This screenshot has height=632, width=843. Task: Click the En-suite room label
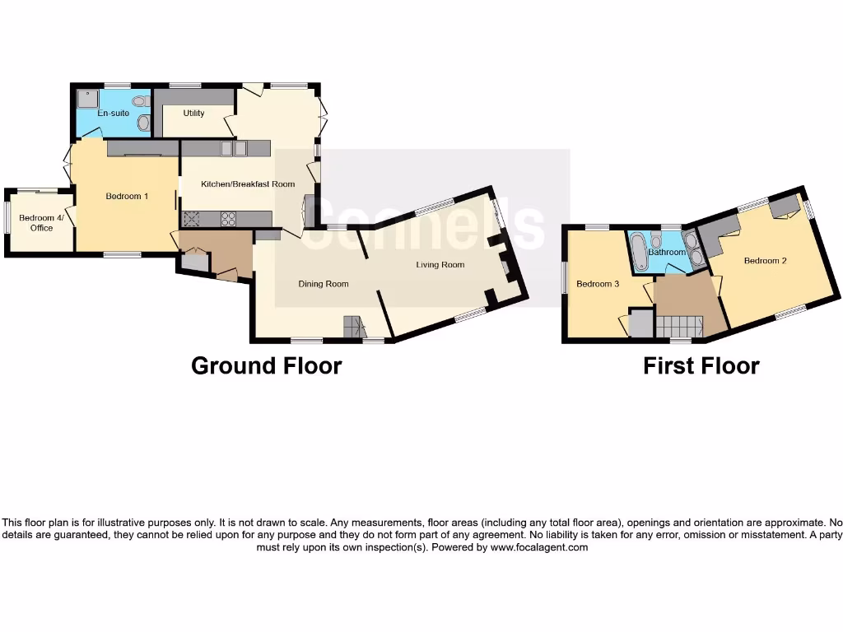114,113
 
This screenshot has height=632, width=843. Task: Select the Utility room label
193,113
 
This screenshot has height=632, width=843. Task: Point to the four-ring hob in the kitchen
228,219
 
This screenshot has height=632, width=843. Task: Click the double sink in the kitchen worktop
234,148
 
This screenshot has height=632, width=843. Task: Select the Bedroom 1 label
127,196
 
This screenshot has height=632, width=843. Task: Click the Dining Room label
323,284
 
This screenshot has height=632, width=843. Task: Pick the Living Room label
440,264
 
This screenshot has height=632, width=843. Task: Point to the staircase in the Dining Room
353,327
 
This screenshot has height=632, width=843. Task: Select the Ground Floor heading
266,365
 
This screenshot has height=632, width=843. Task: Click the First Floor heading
701,365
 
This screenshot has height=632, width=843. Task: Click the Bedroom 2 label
765,261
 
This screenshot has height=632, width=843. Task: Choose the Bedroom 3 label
597,284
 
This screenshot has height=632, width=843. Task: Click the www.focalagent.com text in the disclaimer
539,547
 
